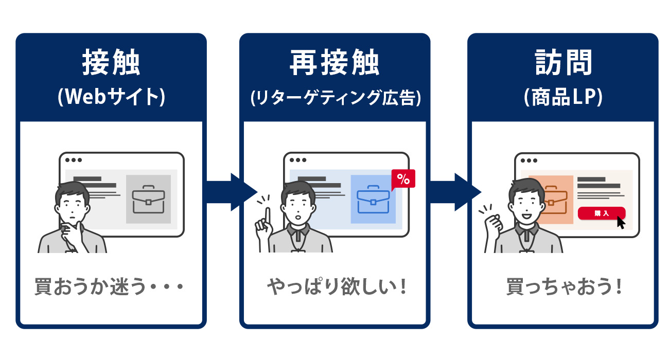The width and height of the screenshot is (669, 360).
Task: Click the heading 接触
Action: coord(111,64)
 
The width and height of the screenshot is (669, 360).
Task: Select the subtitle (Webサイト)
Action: coord(111,98)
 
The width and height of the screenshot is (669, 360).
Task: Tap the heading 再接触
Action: coord(334,64)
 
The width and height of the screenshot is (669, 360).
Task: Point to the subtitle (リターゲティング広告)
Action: coord(334,98)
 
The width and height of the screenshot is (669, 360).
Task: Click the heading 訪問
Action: coord(563,64)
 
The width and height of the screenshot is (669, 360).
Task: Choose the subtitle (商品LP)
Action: coord(563,98)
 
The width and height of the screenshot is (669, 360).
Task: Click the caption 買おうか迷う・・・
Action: coord(109,286)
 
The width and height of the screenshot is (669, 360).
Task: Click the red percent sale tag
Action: coord(403,179)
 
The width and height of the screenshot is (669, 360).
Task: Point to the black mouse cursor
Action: coord(621,223)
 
